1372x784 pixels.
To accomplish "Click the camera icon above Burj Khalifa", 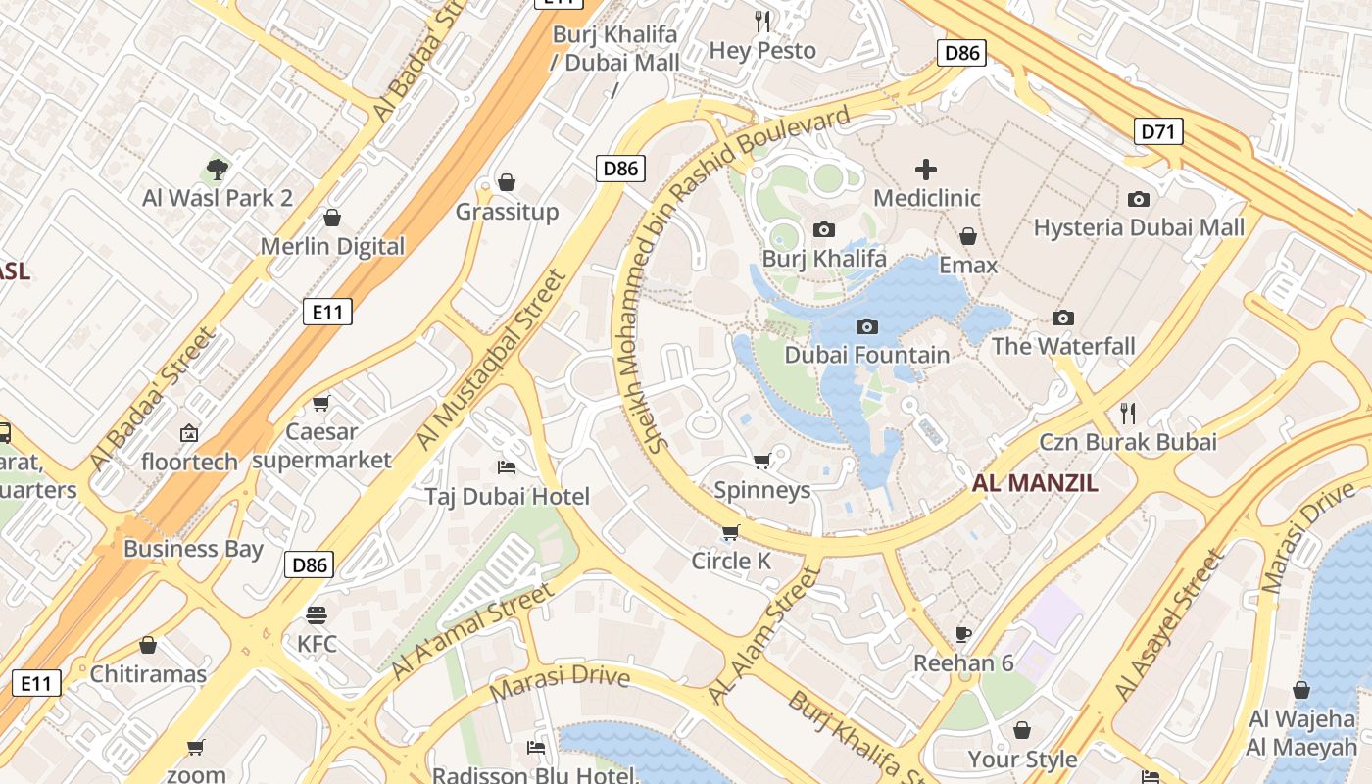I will pyautogui.click(x=824, y=230).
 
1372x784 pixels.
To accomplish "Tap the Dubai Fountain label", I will pyautogui.click(x=867, y=355).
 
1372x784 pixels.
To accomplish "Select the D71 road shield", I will pyautogui.click(x=1158, y=131).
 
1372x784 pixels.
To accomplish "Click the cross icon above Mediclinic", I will pyautogui.click(x=925, y=171).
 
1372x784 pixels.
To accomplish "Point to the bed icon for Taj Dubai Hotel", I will pyautogui.click(x=507, y=466).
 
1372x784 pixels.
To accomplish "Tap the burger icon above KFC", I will pyautogui.click(x=316, y=615).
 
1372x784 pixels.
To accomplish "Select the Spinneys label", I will pyautogui.click(x=762, y=490).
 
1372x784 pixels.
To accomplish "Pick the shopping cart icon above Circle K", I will pyautogui.click(x=730, y=533).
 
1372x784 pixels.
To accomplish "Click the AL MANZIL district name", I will pyautogui.click(x=1035, y=482).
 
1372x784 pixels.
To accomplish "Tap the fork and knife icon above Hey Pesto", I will pyautogui.click(x=762, y=21).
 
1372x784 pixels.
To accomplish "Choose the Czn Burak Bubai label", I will pyautogui.click(x=1128, y=442).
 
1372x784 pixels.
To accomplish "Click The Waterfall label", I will pyautogui.click(x=1063, y=346).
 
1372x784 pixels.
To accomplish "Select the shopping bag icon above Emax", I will pyautogui.click(x=968, y=237).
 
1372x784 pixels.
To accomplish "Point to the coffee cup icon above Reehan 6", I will pyautogui.click(x=963, y=634).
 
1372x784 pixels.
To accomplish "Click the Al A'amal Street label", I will pyautogui.click(x=472, y=632).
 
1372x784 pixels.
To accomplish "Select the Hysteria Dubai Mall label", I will pyautogui.click(x=1139, y=227).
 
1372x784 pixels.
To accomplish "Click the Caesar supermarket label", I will pyautogui.click(x=321, y=446).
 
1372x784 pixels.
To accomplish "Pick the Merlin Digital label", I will pyautogui.click(x=332, y=246).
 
